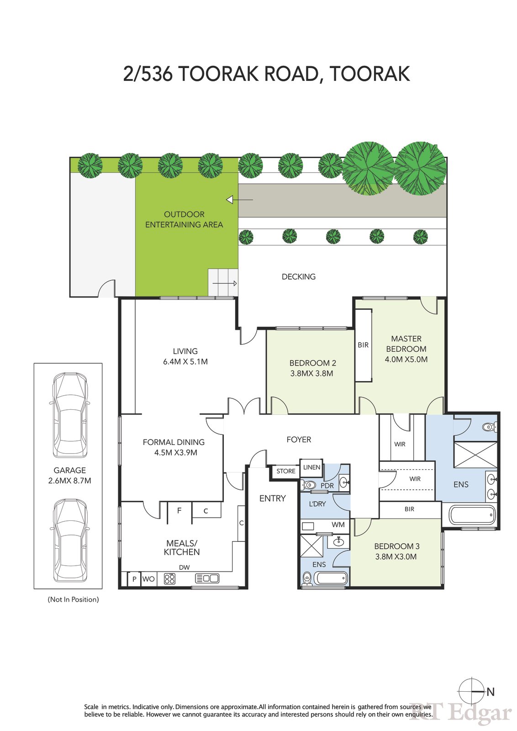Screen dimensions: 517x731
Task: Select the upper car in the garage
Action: (x=70, y=415)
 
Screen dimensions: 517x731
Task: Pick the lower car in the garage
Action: (x=70, y=540)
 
